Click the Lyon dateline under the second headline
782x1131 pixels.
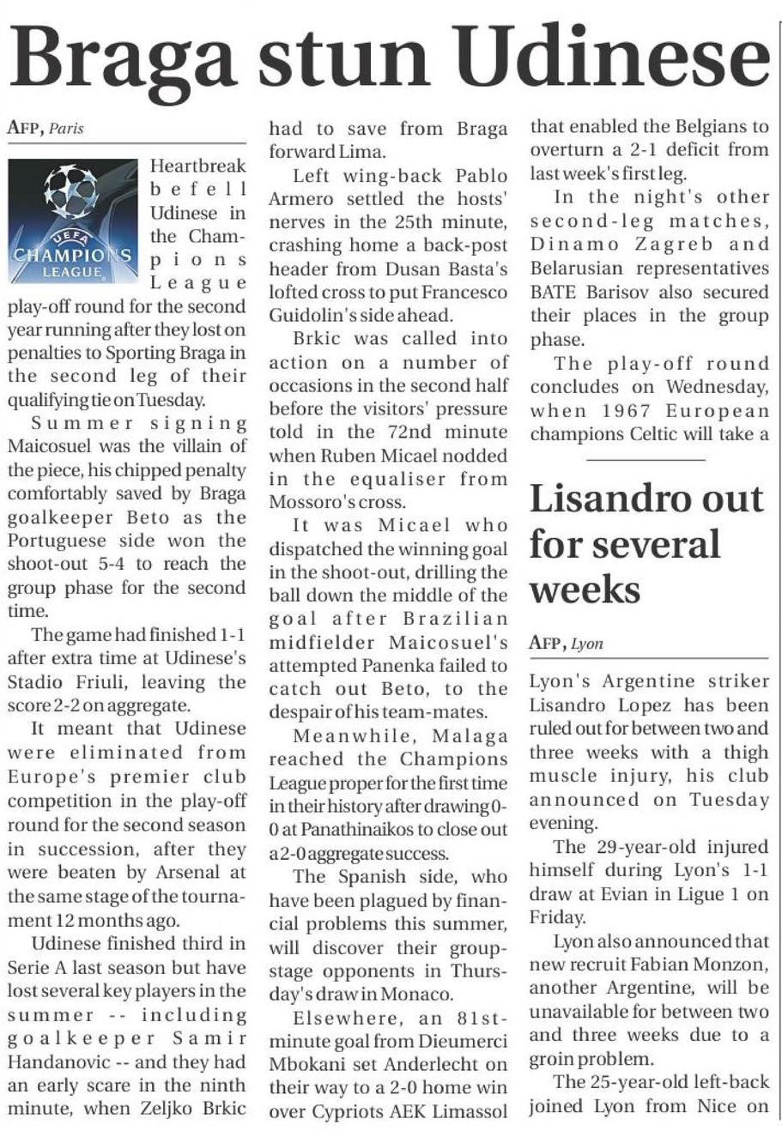tap(587, 644)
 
